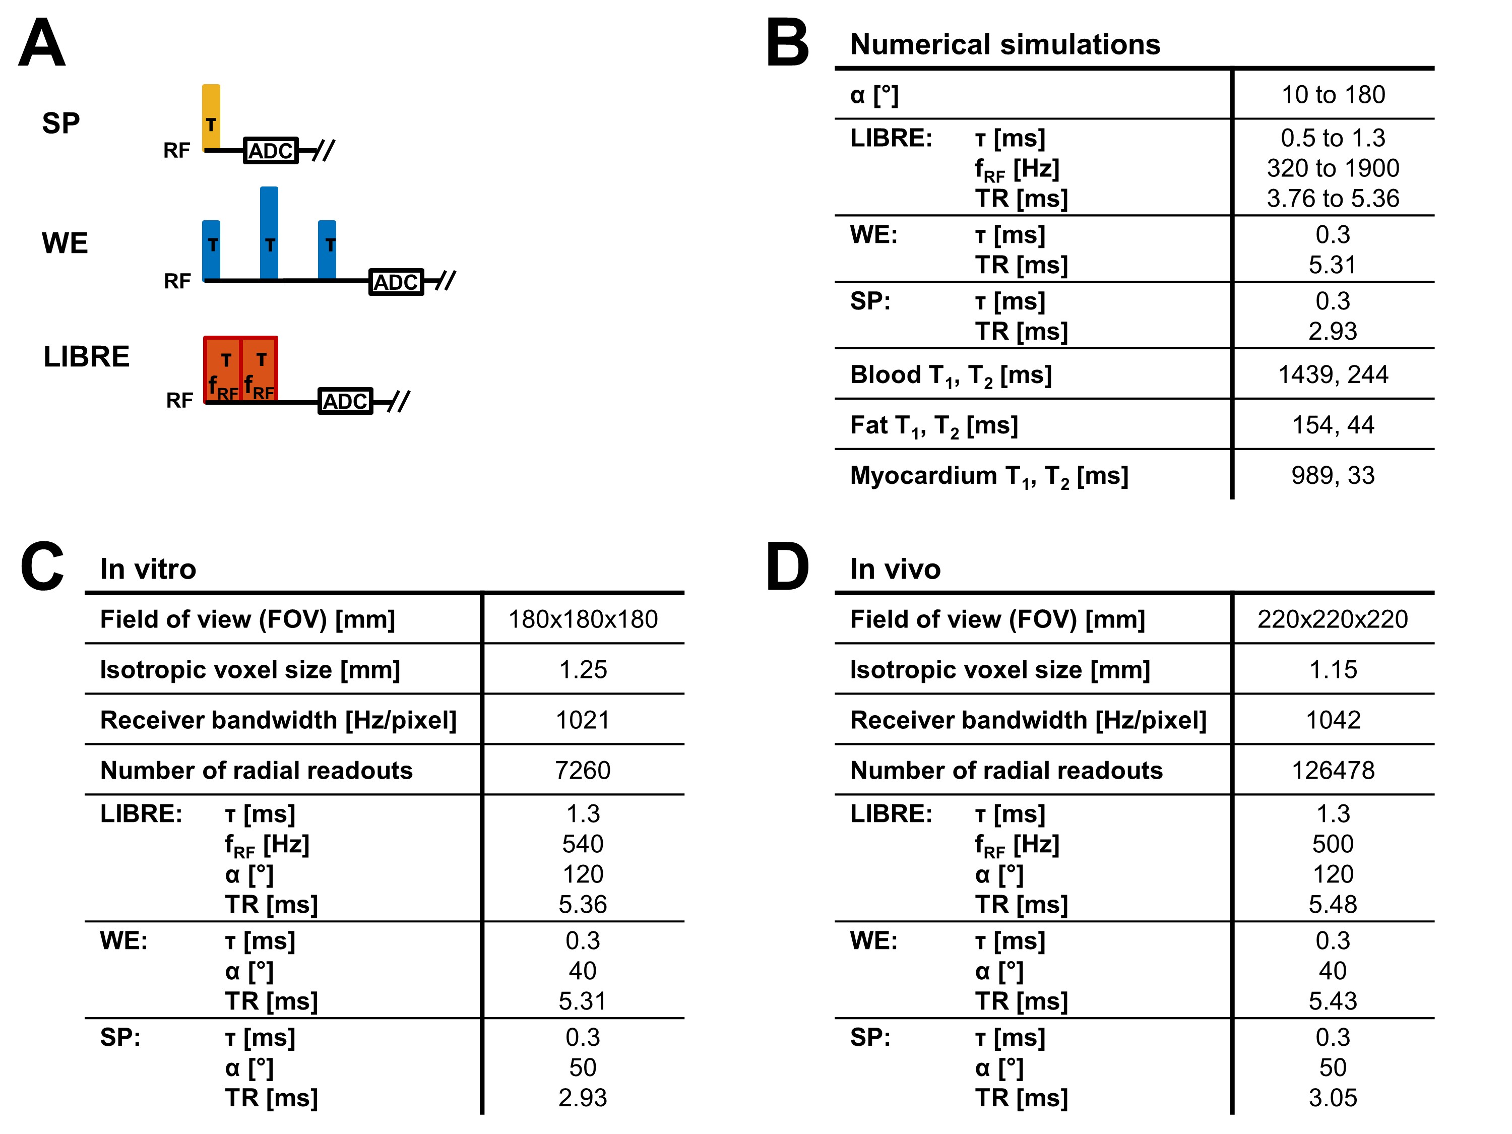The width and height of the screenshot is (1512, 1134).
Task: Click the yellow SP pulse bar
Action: (211, 116)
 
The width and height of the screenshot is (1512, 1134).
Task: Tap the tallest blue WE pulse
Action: (269, 232)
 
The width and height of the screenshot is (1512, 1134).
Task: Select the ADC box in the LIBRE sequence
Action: (345, 401)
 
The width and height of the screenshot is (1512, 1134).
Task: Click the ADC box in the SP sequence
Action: (271, 150)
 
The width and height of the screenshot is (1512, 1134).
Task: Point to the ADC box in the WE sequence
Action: (396, 282)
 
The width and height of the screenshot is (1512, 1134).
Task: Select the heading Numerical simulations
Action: (1005, 44)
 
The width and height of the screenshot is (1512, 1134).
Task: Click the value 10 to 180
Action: (1333, 94)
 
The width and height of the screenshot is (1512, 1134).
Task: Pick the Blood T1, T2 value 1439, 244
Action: (1333, 374)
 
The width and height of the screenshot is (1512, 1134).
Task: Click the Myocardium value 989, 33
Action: (1333, 475)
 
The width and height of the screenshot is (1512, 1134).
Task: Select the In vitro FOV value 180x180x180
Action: (583, 619)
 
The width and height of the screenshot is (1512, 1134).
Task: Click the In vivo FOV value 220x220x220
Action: (1333, 619)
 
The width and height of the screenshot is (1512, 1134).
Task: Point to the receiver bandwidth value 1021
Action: (583, 720)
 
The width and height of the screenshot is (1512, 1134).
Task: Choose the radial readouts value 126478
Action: (1333, 770)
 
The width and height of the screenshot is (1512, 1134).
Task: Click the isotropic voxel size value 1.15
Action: (1333, 670)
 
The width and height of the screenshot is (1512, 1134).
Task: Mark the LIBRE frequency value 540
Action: (583, 844)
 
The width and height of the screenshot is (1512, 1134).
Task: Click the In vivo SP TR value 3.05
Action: (1333, 1098)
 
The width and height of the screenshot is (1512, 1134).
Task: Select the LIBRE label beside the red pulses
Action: (86, 357)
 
